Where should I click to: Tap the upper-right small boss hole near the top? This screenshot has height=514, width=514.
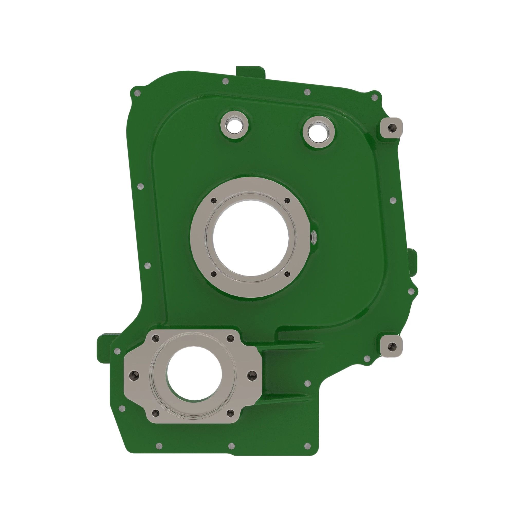pyautogui.click(x=318, y=132)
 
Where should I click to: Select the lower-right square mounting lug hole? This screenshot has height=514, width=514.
pyautogui.click(x=391, y=346)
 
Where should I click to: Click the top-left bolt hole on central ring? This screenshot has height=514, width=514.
pyautogui.click(x=213, y=201)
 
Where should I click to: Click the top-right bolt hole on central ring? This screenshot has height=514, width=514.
pyautogui.click(x=287, y=201)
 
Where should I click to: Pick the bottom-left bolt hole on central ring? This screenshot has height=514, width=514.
pyautogui.click(x=213, y=273)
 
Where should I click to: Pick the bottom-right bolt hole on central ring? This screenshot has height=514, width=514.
pyautogui.click(x=287, y=273)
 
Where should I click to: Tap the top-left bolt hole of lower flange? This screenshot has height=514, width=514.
pyautogui.click(x=156, y=338)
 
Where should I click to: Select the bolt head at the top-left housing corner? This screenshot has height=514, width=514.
pyautogui.click(x=137, y=93)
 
